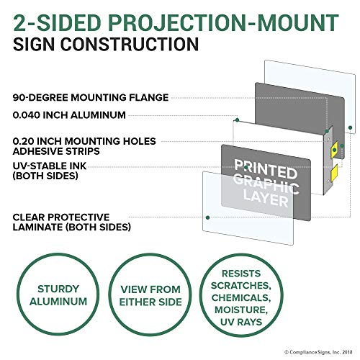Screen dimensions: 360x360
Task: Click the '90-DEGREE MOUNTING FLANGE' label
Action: (x=91, y=97)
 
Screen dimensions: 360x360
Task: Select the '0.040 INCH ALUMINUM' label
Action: (x=69, y=115)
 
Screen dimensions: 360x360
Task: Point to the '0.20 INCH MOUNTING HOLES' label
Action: (x=84, y=141)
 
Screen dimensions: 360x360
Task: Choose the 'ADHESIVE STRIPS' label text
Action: (x=56, y=151)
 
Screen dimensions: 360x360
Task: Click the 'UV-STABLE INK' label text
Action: (x=50, y=166)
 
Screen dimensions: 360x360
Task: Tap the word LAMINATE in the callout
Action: (x=38, y=227)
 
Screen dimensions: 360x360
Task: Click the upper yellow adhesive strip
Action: (x=335, y=150)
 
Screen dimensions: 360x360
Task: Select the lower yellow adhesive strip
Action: (x=334, y=172)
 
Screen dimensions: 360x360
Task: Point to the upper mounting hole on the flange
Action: (x=328, y=139)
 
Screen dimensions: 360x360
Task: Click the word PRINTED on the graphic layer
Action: (x=266, y=169)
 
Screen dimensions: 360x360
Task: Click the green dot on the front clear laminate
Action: (x=207, y=217)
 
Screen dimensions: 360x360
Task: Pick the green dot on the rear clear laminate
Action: (x=350, y=127)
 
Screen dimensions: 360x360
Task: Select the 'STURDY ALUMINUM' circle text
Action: (x=58, y=295)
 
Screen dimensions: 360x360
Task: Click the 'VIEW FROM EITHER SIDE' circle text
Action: (x=150, y=296)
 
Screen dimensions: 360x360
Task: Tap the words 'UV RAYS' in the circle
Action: (x=241, y=322)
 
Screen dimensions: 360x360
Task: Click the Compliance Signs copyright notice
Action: (x=318, y=352)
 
